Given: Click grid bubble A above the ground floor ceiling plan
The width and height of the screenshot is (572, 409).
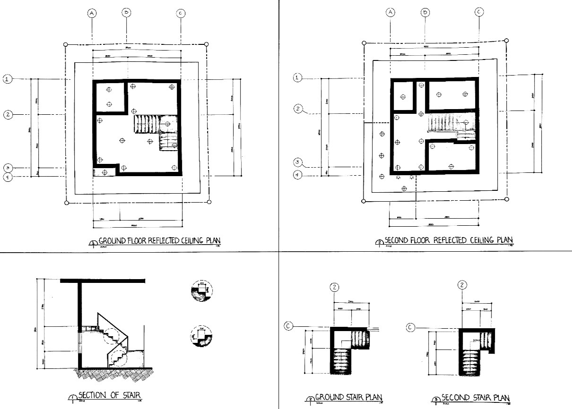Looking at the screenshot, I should click(92, 14).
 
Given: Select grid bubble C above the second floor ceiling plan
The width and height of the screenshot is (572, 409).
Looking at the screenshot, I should click(478, 13).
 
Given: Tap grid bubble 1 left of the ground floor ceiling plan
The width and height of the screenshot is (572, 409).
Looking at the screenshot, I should click(8, 79).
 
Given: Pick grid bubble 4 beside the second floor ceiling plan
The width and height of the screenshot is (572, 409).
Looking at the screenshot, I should click(297, 175).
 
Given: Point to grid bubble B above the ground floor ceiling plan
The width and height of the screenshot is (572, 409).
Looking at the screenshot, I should click(126, 12).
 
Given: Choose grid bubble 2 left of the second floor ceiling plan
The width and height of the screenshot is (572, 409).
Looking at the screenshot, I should click(298, 109).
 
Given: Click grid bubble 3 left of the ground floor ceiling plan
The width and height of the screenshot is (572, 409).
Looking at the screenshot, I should click(8, 168).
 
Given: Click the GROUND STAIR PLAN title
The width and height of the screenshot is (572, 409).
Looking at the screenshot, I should click(348, 397).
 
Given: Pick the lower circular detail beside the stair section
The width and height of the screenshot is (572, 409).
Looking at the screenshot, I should click(201, 336).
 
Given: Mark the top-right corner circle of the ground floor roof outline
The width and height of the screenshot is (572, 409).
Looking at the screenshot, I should click(206, 44).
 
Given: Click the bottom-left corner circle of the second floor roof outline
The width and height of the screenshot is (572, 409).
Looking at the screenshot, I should click(364, 201).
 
